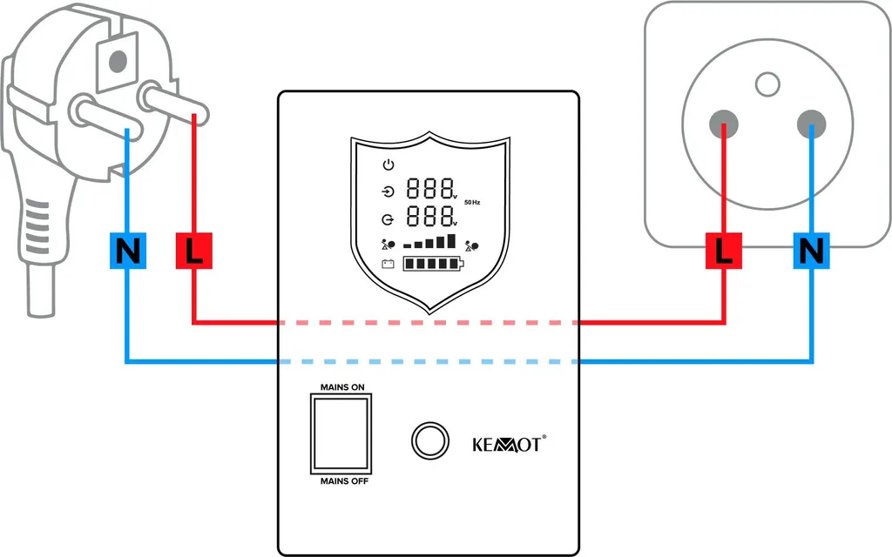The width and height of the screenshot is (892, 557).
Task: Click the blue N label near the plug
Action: tap(128, 252)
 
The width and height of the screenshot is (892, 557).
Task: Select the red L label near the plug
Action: tap(193, 252)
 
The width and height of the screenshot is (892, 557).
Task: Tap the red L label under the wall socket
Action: tap(724, 252)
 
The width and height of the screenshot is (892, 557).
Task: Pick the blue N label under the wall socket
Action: tap(811, 252)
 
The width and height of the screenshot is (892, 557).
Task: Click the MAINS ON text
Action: tap(342, 386)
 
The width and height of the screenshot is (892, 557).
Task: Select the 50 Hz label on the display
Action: tap(472, 202)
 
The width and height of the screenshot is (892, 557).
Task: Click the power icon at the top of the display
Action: tap(389, 165)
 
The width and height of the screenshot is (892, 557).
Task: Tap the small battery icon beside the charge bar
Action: tap(389, 264)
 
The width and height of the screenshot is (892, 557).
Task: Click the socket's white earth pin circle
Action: tap(767, 84)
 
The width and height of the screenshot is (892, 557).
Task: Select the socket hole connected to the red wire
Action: tap(724, 124)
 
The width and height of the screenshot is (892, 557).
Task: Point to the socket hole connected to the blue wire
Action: tap(811, 124)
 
